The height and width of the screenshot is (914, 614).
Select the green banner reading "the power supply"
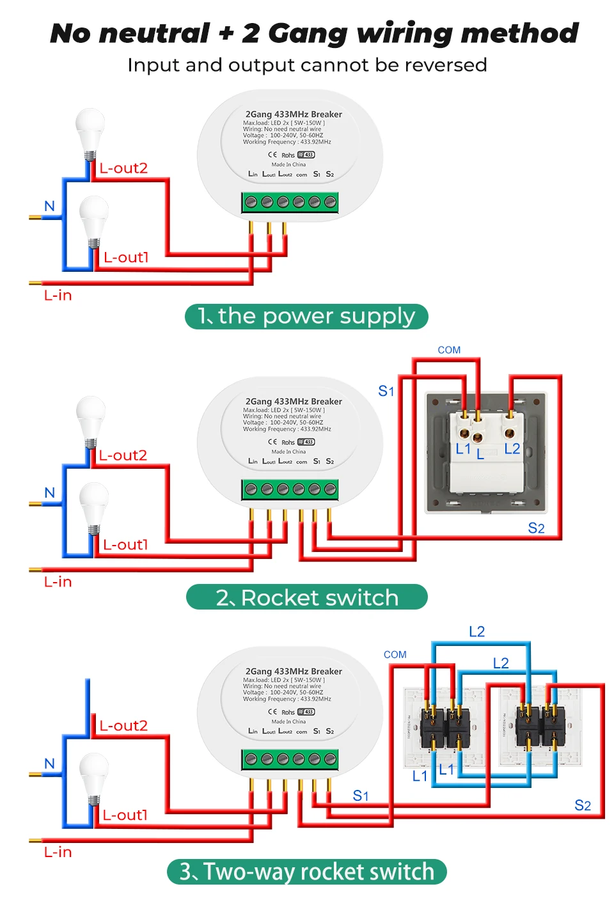click(306, 317)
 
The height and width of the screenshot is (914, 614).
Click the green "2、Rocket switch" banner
click(306, 597)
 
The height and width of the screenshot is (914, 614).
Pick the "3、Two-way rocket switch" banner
click(306, 872)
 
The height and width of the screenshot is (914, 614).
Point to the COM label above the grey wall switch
click(449, 350)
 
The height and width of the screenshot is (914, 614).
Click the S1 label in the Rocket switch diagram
click(386, 391)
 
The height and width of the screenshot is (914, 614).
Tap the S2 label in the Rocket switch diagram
click(536, 528)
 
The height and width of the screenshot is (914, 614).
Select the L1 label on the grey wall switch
click(463, 449)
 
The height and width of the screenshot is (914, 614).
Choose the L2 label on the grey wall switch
click(512, 449)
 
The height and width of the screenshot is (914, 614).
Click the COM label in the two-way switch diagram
click(395, 654)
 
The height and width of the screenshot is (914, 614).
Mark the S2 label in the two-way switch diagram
click(583, 805)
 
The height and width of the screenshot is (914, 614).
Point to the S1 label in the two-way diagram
click(361, 796)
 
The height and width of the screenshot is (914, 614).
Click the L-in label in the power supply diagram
click(58, 295)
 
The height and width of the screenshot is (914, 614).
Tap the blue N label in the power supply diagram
click(49, 206)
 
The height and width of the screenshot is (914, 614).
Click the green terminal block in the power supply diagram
click(290, 203)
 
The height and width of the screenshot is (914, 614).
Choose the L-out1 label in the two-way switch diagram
click(125, 816)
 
